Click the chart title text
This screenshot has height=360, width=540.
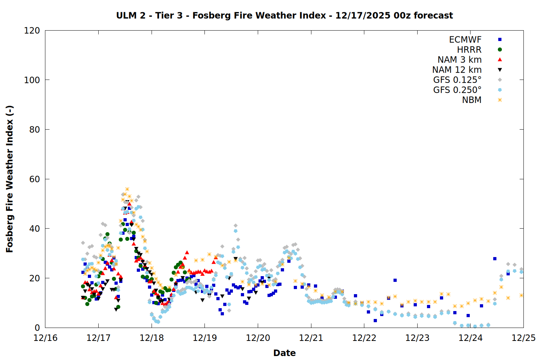pos(284,15)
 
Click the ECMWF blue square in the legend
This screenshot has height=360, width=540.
pos(500,40)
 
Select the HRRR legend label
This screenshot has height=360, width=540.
pos(469,50)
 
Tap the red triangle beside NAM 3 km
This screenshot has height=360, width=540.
pos(500,60)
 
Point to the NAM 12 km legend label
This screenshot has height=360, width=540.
pos(457,70)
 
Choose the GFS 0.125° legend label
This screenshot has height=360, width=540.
pos(457,80)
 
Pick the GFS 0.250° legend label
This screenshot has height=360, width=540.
pos(457,90)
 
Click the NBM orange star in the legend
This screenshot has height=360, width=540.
pos(500,100)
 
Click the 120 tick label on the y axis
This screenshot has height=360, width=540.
pos(32,31)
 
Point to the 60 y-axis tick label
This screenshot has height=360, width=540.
pos(35,179)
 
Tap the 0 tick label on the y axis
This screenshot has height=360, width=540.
pos(37,328)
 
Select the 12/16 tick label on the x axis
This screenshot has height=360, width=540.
pos(45,338)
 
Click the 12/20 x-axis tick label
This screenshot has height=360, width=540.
pos(258,338)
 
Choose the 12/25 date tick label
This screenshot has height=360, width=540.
pos(523,338)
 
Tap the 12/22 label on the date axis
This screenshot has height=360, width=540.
pos(364,338)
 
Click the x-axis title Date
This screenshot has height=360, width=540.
pos(284,353)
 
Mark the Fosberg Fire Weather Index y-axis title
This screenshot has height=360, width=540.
pos(10,179)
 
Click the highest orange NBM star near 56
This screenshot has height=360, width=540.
pos(127,189)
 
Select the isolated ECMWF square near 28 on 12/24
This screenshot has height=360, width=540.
pos(495,258)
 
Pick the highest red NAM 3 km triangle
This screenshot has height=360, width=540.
pos(129,204)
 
